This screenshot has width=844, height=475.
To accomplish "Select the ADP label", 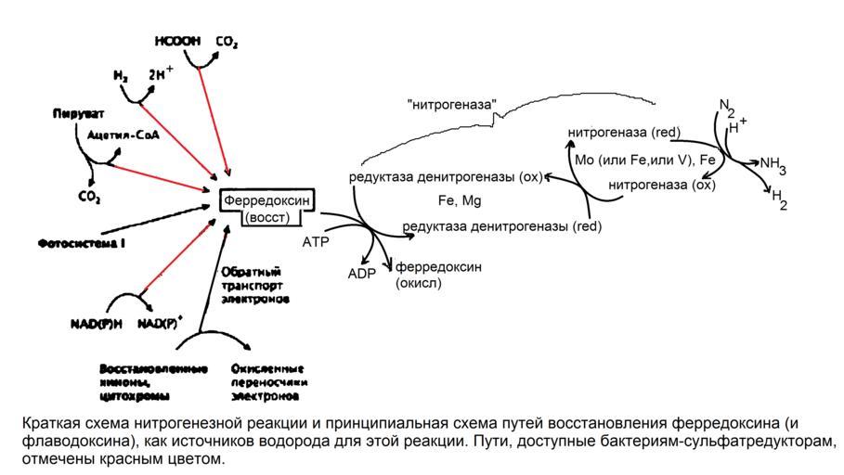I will pos(361,274).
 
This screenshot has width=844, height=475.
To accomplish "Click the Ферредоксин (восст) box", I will pos(266,208).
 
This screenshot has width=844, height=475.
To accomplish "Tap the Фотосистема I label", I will pos(82,244).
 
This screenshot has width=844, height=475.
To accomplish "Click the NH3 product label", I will pos(773,166).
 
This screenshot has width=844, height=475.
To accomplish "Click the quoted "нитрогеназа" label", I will pos(452,105).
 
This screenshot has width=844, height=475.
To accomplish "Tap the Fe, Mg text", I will pos(460,199).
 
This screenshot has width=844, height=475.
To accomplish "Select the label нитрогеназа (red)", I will pos(625,134).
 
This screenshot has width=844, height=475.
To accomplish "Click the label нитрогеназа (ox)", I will pos(662,185).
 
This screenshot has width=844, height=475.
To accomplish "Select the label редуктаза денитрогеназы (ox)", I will pos(445,176).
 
